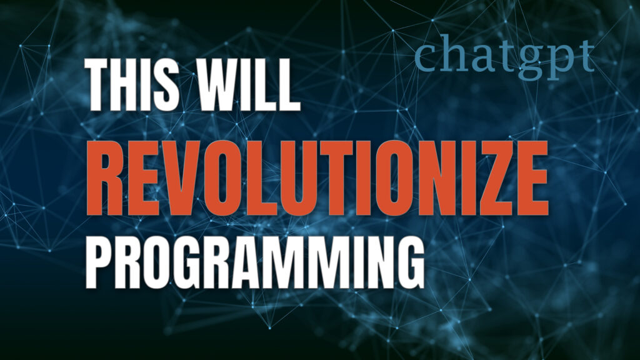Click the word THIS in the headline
tap(132, 84)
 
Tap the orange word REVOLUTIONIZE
tap(317, 177)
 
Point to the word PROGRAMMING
tap(255, 262)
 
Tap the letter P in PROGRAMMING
tap(98, 262)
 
